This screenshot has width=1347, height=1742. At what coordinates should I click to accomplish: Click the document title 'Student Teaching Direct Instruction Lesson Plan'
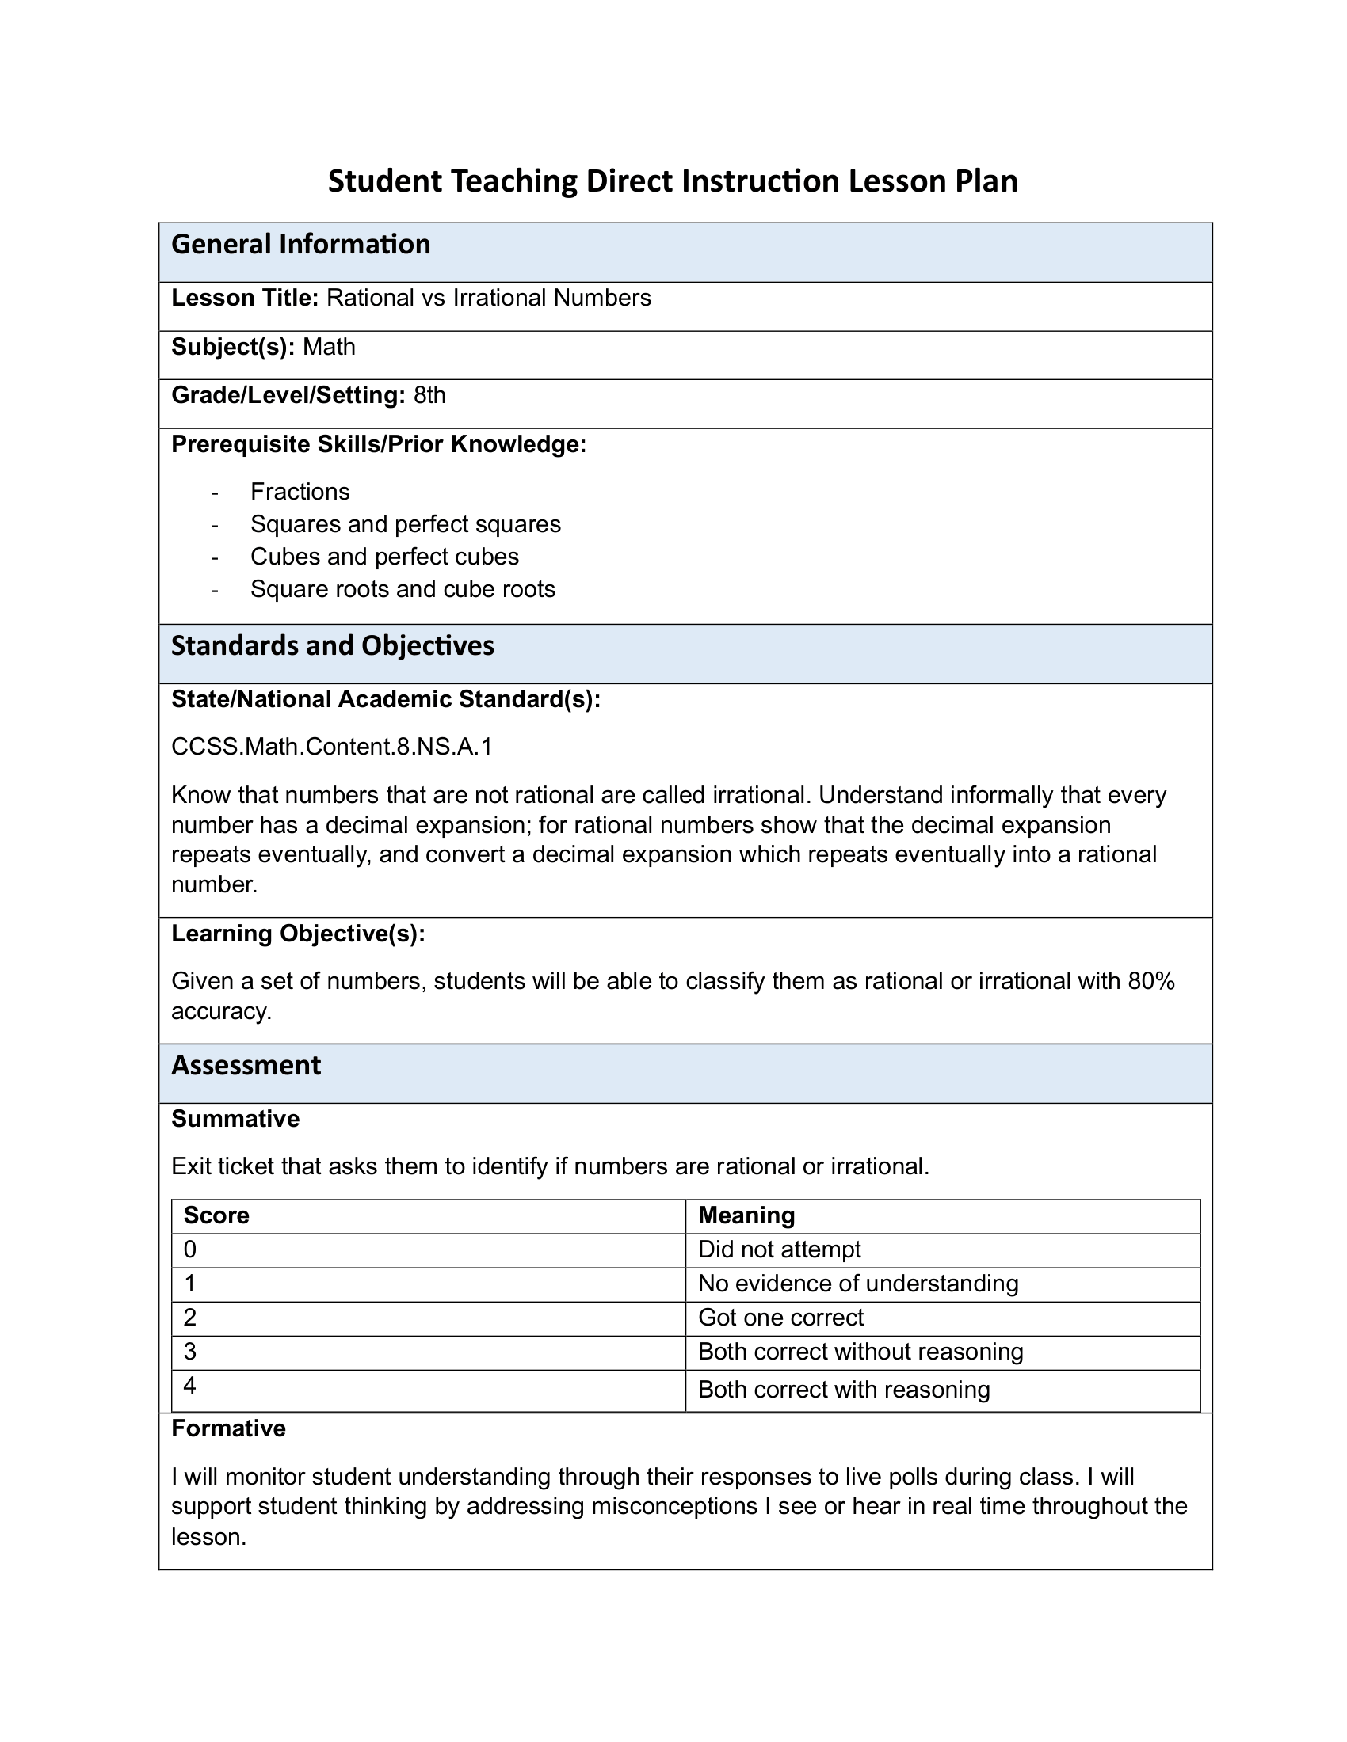tap(673, 181)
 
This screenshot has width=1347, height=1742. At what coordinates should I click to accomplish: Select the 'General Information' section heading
tap(301, 244)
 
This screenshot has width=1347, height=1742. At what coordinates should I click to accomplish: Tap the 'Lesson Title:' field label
tap(245, 299)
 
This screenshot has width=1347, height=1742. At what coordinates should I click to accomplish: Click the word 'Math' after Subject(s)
tap(329, 347)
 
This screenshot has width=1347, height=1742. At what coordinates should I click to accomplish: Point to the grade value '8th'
tap(429, 396)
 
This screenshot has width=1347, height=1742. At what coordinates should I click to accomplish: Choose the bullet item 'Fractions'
tap(300, 492)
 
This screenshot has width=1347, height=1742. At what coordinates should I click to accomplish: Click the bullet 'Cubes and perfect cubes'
tap(384, 557)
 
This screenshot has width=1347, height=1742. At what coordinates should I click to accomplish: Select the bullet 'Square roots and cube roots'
tap(403, 589)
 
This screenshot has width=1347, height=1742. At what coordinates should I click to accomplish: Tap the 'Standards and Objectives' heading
tap(333, 645)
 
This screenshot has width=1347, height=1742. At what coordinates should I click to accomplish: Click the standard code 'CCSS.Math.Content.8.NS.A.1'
tap(332, 747)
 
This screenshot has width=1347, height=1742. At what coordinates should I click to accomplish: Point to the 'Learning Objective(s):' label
tap(299, 934)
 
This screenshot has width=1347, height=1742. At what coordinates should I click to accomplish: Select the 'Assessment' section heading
tap(246, 1066)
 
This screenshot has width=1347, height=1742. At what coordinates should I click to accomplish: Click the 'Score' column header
tap(216, 1215)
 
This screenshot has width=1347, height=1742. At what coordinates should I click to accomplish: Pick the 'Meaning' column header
tap(746, 1215)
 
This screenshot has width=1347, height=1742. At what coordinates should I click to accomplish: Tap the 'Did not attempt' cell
tap(780, 1249)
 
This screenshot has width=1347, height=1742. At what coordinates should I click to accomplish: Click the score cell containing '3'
tap(190, 1351)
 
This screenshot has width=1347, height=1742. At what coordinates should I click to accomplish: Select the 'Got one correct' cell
tap(780, 1317)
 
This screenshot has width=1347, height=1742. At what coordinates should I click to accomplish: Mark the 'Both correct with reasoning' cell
tap(844, 1390)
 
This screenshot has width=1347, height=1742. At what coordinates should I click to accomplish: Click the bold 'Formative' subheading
tap(228, 1428)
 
